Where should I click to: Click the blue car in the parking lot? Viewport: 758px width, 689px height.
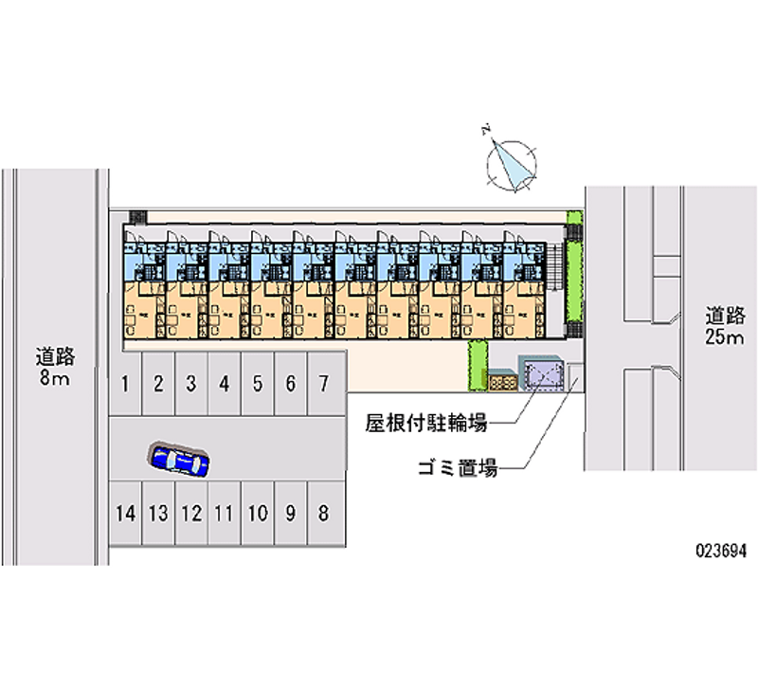coord(178,460)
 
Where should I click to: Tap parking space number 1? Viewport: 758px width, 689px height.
coord(125,384)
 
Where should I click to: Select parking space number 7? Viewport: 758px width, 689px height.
coord(323,384)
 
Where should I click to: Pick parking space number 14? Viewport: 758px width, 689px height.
coord(125,514)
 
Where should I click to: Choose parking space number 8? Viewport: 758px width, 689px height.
coord(323,514)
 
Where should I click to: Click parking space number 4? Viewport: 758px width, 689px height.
coord(224,384)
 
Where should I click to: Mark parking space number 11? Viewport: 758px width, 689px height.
coord(224,514)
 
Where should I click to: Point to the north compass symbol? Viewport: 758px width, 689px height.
coord(512,161)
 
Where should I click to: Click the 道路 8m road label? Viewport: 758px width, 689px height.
coord(54,368)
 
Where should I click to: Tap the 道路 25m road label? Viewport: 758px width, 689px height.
coord(724,326)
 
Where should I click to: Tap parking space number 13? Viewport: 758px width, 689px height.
coord(158,514)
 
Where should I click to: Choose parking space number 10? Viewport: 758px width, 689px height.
coord(257,514)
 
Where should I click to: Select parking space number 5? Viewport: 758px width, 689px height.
coord(257,384)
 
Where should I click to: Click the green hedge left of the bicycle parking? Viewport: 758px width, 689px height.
coord(476,364)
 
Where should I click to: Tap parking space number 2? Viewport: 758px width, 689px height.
coord(158,384)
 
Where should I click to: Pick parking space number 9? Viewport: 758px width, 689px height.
coord(290,514)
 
